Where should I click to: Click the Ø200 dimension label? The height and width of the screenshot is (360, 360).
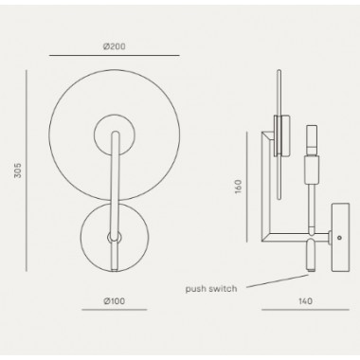115,46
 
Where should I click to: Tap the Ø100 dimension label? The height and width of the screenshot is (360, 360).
115,301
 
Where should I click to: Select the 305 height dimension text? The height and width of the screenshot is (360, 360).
18,171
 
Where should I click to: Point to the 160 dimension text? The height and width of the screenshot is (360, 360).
238,187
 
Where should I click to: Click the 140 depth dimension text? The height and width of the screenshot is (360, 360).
305,301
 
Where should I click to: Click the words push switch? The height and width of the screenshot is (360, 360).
211,289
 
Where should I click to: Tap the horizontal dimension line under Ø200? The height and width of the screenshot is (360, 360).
115,55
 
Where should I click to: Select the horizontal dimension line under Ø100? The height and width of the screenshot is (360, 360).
115,310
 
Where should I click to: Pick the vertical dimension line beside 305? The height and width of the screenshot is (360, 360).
27,171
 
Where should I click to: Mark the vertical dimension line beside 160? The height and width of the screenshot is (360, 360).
247,187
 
